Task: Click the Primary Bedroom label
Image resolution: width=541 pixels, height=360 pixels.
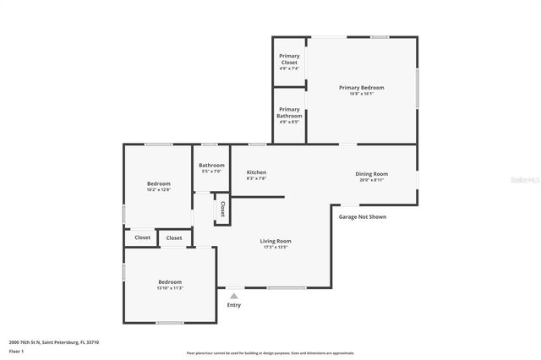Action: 361,88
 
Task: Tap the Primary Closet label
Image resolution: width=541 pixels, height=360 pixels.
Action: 289,59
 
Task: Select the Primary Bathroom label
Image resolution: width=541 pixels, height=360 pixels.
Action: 289,112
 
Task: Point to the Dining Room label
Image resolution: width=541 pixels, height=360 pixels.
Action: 371,173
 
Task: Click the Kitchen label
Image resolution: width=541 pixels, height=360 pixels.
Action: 256,172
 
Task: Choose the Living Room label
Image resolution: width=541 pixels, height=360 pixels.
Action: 276,241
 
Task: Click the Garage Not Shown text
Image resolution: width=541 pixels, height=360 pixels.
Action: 363,216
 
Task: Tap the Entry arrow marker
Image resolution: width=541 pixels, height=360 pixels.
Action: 234,296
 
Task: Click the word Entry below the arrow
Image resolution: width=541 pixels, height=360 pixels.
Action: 234,305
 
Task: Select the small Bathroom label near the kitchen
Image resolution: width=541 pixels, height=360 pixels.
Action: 211,165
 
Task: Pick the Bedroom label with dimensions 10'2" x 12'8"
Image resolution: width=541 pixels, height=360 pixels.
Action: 158,183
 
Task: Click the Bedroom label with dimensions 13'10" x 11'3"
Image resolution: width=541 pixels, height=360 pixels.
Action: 169,281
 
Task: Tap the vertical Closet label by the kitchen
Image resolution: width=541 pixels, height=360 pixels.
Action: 222,209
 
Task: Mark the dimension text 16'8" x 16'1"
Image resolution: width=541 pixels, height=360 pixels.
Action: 361,94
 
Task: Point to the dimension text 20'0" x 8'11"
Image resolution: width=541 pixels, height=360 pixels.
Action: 371,179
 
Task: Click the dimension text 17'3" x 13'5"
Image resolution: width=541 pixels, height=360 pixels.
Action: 276,247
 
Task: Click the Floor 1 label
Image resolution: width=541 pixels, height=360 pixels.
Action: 16,351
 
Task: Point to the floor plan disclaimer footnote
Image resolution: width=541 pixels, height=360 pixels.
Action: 270,353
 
